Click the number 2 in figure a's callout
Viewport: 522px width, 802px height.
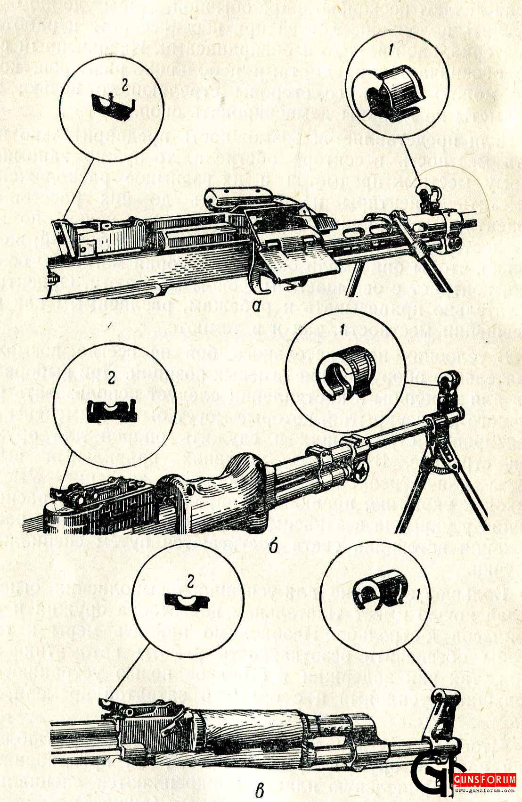coord(124,85)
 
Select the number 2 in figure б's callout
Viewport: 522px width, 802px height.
coord(112,377)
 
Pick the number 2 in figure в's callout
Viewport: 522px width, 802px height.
coord(190,582)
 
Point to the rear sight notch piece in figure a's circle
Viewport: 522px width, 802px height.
coord(112,106)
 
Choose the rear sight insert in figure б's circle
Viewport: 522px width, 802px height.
coord(112,411)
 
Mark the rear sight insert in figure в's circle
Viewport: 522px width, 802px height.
coord(187,602)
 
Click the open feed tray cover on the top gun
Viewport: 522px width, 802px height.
coord(292,250)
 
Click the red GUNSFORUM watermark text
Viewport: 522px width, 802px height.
coord(484,779)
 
